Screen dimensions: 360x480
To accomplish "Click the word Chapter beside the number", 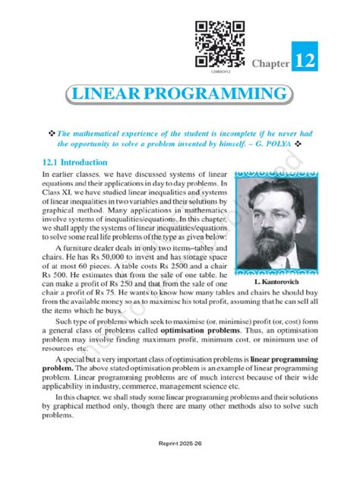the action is click(271, 65).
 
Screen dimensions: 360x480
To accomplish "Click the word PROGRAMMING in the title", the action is click(216, 96).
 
